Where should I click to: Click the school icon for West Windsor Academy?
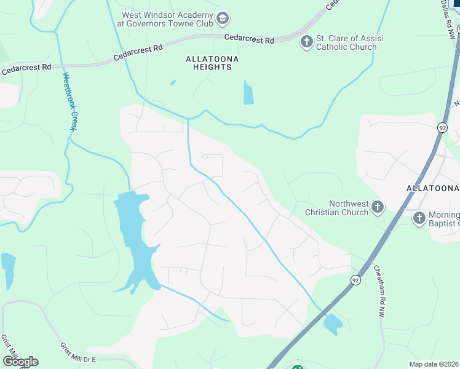point(223,19)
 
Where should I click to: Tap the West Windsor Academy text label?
point(167,19)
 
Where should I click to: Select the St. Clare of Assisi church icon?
point(306,42)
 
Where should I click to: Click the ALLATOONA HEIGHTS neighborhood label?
point(212,63)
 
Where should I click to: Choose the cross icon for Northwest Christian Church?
point(378,207)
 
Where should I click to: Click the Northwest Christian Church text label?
point(339,208)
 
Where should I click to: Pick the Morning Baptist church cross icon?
point(419,218)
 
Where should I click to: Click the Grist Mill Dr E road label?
point(84,354)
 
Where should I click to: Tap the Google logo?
point(20,361)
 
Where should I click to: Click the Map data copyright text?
point(434,363)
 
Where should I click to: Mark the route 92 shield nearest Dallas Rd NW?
point(442,127)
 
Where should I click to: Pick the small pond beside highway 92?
point(333,324)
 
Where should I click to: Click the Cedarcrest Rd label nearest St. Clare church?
point(248,39)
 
